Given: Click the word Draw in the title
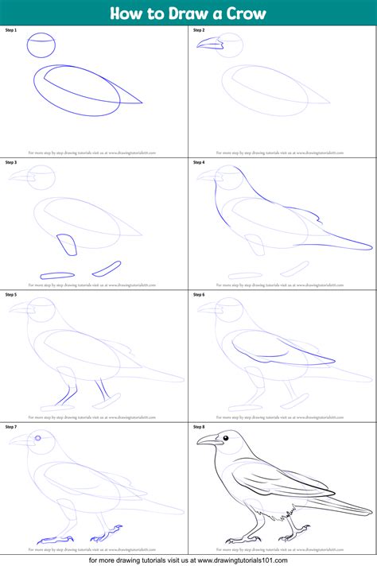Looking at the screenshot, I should (x=178, y=14).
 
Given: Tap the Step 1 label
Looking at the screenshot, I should (x=11, y=29).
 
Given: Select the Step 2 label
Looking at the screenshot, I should (x=199, y=29).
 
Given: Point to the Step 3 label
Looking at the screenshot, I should (x=11, y=162).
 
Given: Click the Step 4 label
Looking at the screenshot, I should (x=199, y=162).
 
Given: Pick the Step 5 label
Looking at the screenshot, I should (x=11, y=294).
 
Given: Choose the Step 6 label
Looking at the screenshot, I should (x=199, y=294).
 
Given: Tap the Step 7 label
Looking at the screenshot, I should (x=11, y=427).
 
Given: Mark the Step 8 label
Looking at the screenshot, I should (x=199, y=427).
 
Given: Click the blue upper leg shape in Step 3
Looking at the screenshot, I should (x=68, y=244).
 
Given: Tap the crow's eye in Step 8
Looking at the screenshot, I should (x=227, y=437).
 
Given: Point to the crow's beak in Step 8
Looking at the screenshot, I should (x=207, y=440).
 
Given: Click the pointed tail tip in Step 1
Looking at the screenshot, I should (x=141, y=102).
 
